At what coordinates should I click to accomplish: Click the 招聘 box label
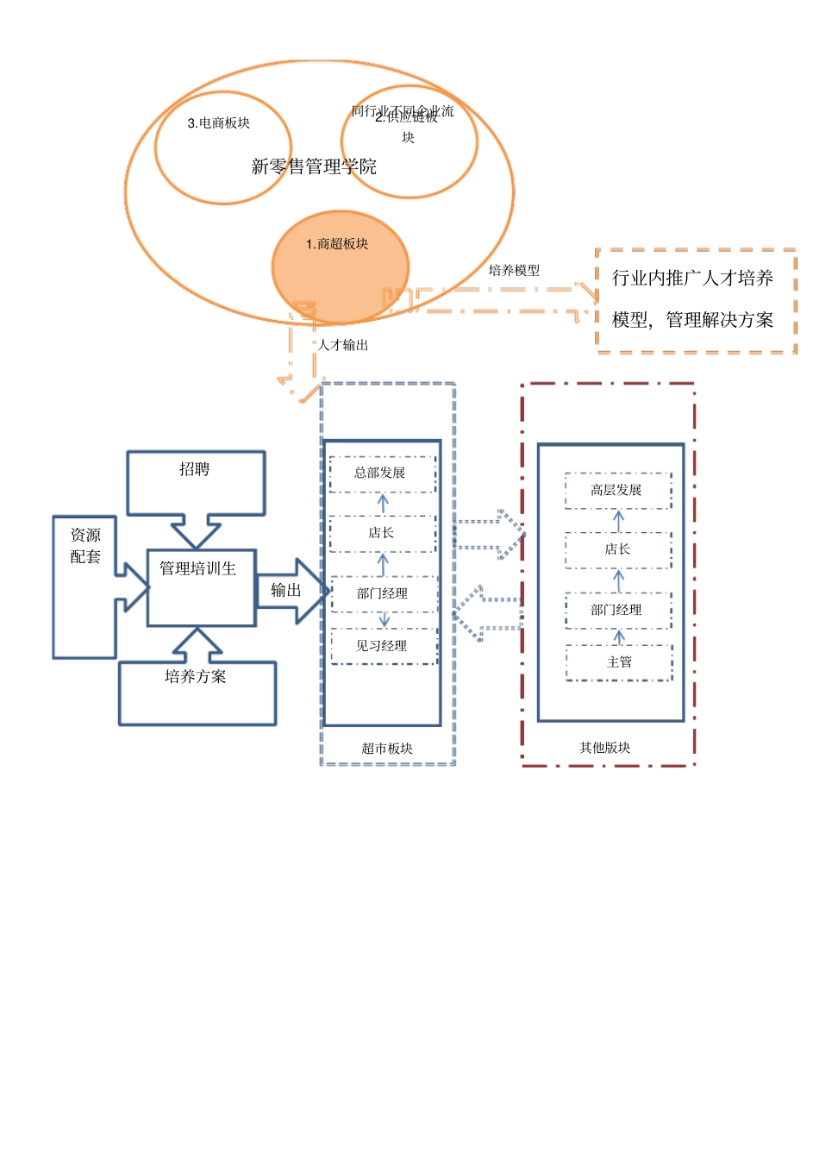coord(195,470)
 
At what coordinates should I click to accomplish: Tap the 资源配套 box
coord(84,587)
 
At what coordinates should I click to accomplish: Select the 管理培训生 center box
coord(201,586)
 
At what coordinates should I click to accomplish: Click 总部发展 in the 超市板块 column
coord(382,473)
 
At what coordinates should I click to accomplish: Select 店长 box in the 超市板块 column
coord(382,533)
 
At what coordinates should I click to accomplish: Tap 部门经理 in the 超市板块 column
coord(384,593)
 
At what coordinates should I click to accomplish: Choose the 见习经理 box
coord(384,646)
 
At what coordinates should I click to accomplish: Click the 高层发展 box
coord(617,491)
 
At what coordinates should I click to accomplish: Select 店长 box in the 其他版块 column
coord(617,549)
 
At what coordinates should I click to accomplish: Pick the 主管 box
coord(619,662)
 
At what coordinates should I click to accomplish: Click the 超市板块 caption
coord(387,749)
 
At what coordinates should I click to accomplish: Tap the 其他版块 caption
coord(605,748)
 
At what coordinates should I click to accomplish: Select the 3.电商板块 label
coord(219,123)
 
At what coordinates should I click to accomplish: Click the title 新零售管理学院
coord(314,166)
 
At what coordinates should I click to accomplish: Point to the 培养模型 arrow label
coord(514,270)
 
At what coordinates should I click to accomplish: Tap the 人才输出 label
coord(342,345)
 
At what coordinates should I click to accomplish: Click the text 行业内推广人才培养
coord(692,278)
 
